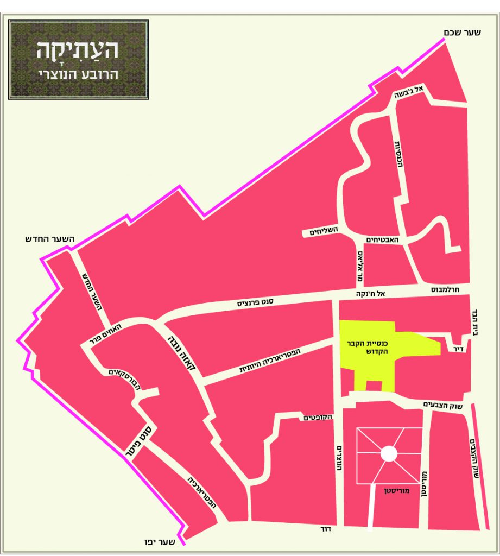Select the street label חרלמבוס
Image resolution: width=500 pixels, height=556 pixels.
click(445, 290)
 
